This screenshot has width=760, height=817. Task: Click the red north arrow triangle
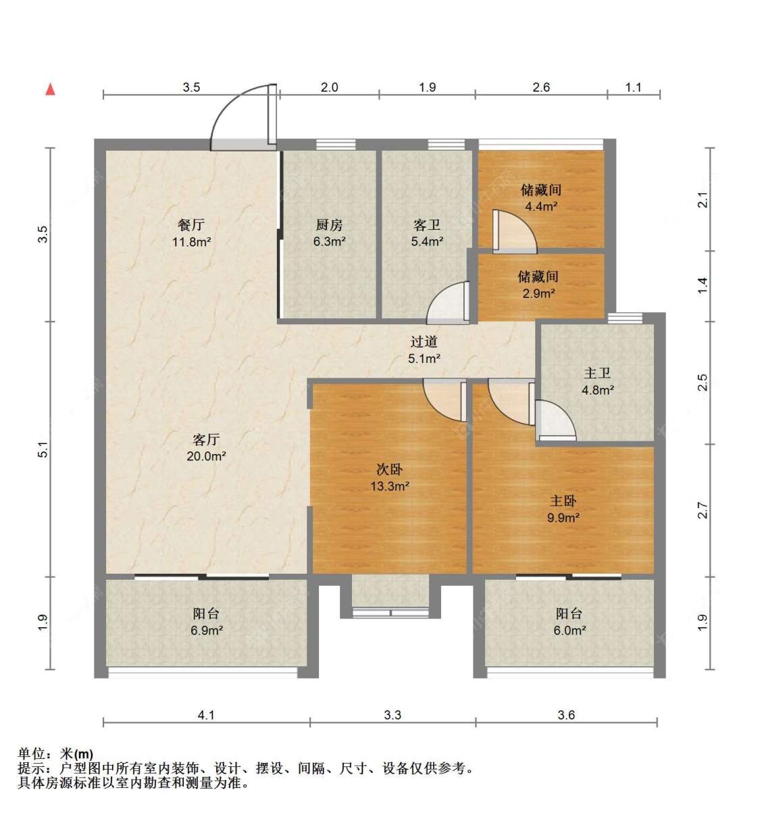pyautogui.click(x=50, y=89)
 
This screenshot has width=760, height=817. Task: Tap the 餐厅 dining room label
pyautogui.click(x=191, y=224)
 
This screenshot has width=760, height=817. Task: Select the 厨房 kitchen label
pyautogui.click(x=329, y=224)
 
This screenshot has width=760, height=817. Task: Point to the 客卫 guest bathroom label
pyautogui.click(x=427, y=224)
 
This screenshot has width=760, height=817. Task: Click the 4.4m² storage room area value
pyautogui.click(x=541, y=206)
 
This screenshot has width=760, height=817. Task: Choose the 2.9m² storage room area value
pyautogui.click(x=538, y=293)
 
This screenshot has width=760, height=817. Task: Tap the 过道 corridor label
pyautogui.click(x=424, y=341)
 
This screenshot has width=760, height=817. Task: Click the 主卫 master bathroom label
pyautogui.click(x=597, y=373)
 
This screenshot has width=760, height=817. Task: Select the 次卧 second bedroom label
pyautogui.click(x=390, y=469)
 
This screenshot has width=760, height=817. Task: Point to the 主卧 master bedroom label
pyautogui.click(x=563, y=501)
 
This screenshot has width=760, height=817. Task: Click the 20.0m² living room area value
pyautogui.click(x=207, y=456)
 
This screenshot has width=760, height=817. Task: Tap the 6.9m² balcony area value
pyautogui.click(x=207, y=630)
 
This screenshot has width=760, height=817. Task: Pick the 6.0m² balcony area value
pyautogui.click(x=569, y=630)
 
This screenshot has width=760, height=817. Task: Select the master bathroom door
pyautogui.click(x=555, y=420)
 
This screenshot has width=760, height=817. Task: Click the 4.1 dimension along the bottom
pyautogui.click(x=206, y=715)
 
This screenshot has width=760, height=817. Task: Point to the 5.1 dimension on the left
pyautogui.click(x=43, y=449)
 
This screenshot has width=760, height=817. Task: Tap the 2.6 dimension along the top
pyautogui.click(x=541, y=87)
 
